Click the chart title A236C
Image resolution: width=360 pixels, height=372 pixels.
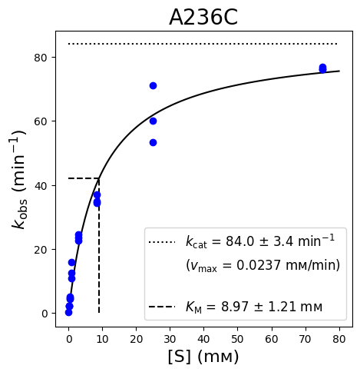203,18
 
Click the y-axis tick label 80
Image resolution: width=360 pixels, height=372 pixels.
41,58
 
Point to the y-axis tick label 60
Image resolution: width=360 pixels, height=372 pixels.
41,121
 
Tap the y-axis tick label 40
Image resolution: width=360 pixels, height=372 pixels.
41,185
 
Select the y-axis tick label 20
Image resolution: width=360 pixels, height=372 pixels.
41,250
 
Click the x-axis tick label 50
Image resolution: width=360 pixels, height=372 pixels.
237,339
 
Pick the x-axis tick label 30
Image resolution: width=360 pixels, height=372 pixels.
170,339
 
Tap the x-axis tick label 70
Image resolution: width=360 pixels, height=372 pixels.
306,339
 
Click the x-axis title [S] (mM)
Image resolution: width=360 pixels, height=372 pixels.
203,357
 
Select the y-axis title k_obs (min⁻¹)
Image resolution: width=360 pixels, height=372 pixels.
19,179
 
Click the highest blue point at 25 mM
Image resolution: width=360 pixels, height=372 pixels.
153,85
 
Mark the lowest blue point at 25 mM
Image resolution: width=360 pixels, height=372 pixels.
153,142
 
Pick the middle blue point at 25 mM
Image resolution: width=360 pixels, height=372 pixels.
153,121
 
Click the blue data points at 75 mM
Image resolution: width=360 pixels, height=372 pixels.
322,68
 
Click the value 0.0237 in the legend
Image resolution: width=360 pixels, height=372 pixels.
259,265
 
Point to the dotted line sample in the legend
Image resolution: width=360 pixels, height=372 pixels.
162,242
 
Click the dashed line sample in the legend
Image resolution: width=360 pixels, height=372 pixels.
162,307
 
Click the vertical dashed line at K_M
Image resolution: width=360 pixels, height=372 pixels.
99,245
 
